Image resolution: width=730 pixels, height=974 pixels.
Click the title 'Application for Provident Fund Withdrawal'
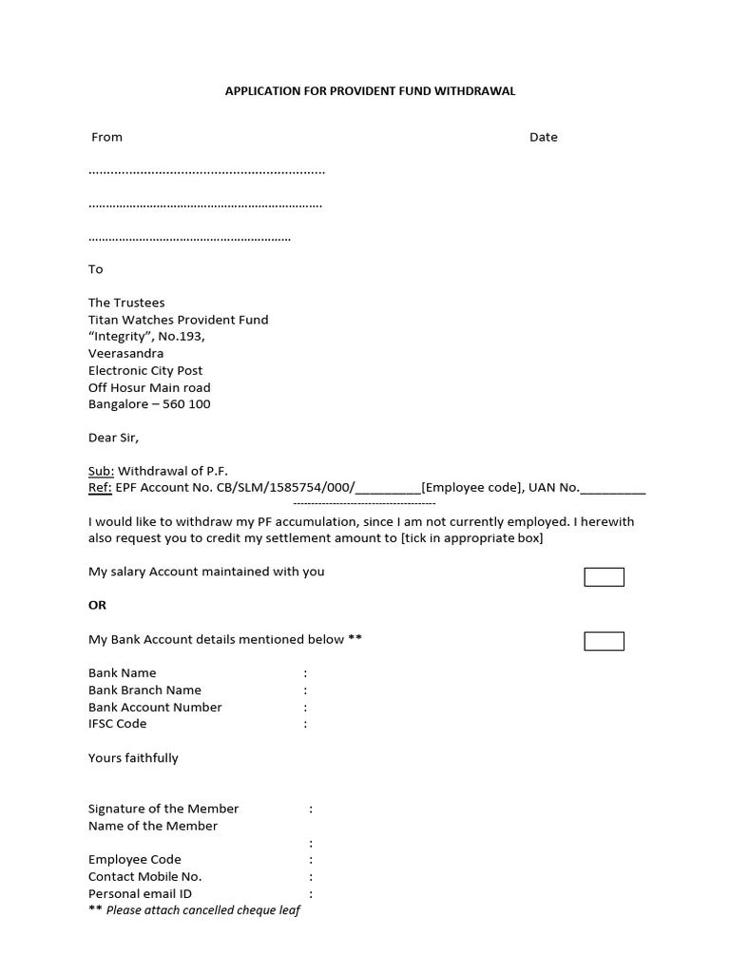click(370, 91)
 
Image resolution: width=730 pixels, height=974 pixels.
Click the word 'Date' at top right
click(543, 137)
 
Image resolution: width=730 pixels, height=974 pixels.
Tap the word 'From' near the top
click(106, 137)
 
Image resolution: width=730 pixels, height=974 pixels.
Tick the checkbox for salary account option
click(604, 577)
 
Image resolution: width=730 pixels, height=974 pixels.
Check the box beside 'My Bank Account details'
click(604, 641)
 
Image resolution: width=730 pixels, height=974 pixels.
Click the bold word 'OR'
click(97, 605)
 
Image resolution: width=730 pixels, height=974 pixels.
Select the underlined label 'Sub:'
click(101, 471)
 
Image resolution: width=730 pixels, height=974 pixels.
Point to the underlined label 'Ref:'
click(100, 488)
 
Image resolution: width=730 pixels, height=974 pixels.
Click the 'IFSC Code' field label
click(117, 724)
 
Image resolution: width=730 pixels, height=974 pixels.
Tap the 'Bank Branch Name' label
click(144, 690)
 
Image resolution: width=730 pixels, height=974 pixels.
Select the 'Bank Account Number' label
click(155, 707)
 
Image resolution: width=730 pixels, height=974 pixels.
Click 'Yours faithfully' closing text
click(133, 758)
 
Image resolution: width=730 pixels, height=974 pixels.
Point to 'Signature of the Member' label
click(163, 808)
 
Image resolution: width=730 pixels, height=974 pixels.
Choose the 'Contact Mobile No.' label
click(144, 876)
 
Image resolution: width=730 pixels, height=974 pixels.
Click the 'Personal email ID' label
click(140, 893)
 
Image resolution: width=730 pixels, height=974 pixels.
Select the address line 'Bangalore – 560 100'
click(149, 404)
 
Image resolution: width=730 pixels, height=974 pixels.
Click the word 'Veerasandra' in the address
click(125, 353)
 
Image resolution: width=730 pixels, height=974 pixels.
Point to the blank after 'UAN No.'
click(613, 489)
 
